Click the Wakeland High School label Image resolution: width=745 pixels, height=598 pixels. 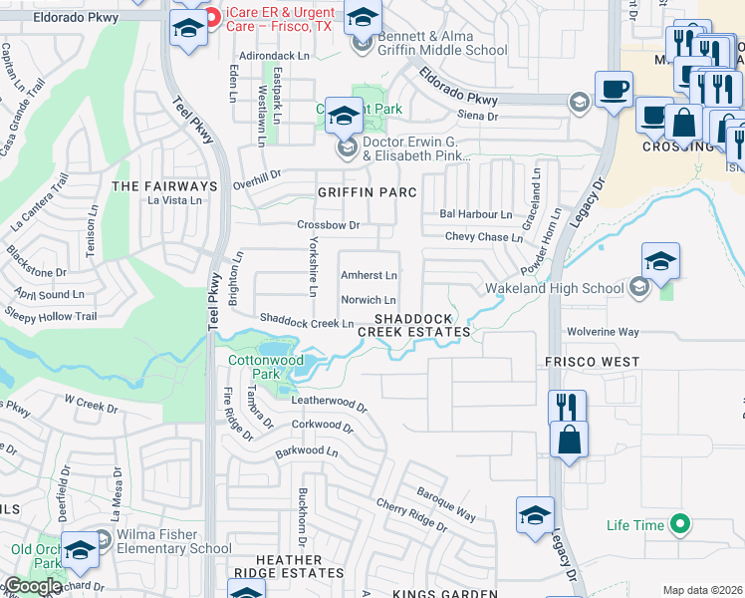pyautogui.click(x=554, y=289)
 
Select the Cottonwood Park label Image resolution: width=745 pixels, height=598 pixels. pyautogui.click(x=265, y=367)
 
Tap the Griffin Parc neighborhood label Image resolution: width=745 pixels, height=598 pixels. pyautogui.click(x=366, y=191)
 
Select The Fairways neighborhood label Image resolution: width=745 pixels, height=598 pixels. pyautogui.click(x=164, y=186)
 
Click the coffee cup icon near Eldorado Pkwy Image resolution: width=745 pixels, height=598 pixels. pyautogui.click(x=614, y=89)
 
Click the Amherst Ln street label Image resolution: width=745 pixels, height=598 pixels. pyautogui.click(x=369, y=275)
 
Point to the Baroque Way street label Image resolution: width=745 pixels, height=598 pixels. pyautogui.click(x=445, y=504)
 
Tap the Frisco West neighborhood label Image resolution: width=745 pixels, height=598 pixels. pyautogui.click(x=592, y=361)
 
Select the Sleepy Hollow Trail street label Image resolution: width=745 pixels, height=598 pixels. pyautogui.click(x=58, y=317)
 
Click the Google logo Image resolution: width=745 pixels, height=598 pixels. pyautogui.click(x=32, y=586)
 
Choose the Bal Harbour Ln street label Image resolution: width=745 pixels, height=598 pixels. pyautogui.click(x=475, y=214)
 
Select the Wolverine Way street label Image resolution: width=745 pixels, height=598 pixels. pyautogui.click(x=603, y=331)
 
